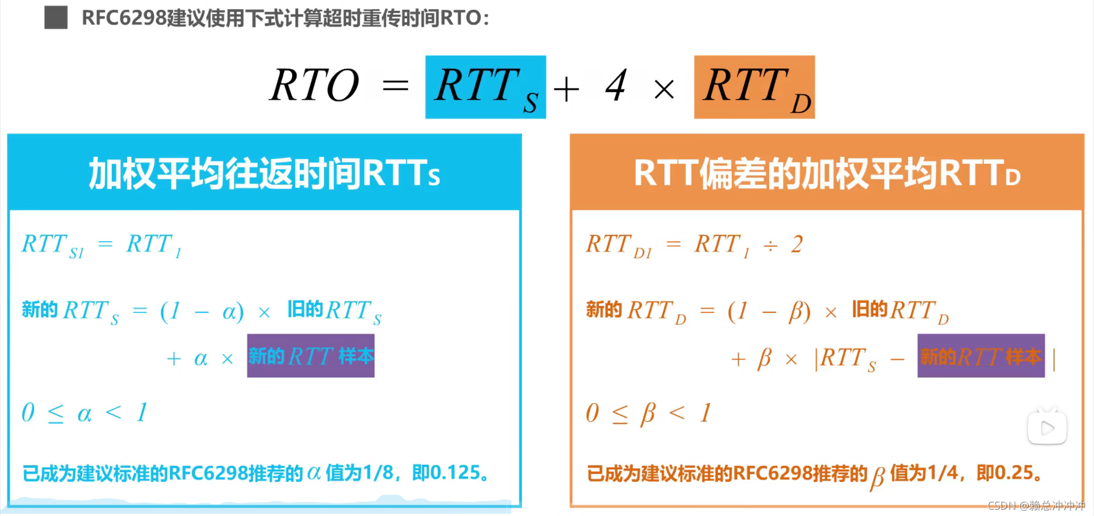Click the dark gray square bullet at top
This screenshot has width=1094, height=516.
coord(56,18)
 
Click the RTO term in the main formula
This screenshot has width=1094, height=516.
coord(315,86)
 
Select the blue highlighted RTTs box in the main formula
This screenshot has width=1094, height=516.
coord(485,87)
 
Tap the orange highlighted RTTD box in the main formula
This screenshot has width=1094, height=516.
coord(754,87)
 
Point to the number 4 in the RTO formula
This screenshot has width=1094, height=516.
coord(616,86)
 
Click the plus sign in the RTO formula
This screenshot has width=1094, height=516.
coord(566,90)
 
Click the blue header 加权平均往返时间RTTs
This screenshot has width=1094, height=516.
coord(264,173)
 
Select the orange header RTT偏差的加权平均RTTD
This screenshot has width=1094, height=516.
coord(827,173)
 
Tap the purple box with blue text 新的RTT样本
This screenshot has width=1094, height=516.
coord(311,356)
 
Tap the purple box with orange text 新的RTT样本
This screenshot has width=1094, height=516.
coord(981,356)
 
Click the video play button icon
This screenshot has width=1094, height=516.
coord(1047,428)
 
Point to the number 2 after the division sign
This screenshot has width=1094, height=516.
coord(797,245)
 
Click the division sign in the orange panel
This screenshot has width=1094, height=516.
coord(770,246)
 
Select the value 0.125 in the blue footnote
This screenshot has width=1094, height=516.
coord(455,473)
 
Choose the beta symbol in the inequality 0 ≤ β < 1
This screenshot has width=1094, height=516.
coord(648,413)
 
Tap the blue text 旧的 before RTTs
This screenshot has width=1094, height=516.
coord(305,310)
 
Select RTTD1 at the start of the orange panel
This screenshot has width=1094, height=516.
coord(618,246)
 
